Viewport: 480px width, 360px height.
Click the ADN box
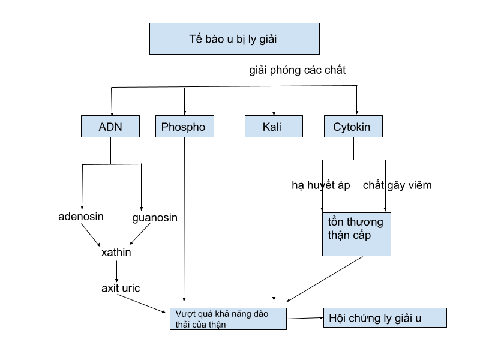tap(110, 127)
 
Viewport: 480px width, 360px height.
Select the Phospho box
tap(184, 127)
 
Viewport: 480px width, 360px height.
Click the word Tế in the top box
tap(196, 40)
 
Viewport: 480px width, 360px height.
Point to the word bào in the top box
tap(215, 40)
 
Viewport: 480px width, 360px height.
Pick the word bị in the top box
tap(241, 40)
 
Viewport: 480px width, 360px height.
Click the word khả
tap(223, 314)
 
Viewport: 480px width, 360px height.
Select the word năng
tap(242, 314)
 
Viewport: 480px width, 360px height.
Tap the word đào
tap(262, 314)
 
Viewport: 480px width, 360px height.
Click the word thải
tap(182, 324)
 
